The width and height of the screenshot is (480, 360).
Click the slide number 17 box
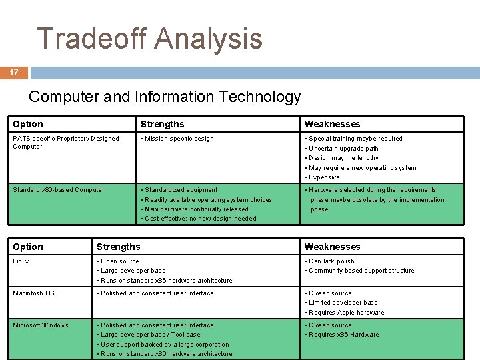click(14, 72)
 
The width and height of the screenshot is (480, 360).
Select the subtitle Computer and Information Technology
click(165, 97)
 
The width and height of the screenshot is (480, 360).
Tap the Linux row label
click(21, 261)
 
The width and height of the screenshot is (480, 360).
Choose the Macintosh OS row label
click(33, 293)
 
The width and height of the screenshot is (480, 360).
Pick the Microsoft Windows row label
click(41, 325)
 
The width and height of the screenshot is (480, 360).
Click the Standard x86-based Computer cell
click(59, 190)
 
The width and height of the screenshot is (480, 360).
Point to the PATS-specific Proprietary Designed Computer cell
click(65, 142)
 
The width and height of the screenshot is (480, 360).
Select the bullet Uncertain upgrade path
click(343, 149)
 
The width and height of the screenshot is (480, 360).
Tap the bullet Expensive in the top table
click(324, 177)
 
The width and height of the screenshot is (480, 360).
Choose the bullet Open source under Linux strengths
click(120, 261)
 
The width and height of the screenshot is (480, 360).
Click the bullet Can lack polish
click(331, 261)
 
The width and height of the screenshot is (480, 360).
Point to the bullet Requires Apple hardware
click(347, 313)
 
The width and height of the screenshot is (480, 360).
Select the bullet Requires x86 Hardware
click(343, 335)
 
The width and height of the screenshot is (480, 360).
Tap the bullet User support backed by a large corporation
click(165, 345)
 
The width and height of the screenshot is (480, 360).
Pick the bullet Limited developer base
click(343, 303)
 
